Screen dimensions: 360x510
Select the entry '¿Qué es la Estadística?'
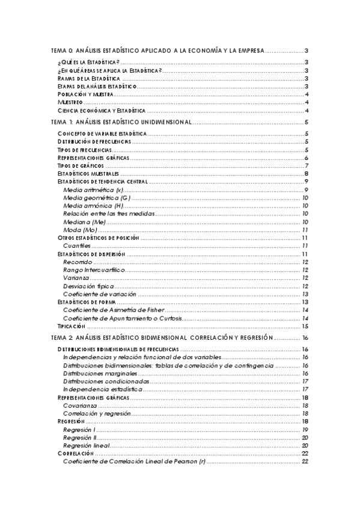tap(88, 63)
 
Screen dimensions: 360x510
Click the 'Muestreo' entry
tap(69, 103)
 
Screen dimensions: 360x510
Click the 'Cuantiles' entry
tap(77, 246)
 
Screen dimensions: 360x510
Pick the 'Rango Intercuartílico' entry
tap(93, 270)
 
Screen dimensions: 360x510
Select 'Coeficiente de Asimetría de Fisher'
tap(113, 310)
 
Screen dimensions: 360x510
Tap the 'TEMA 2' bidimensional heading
tap(162, 338)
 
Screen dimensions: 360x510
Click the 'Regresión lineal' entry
tap(87, 446)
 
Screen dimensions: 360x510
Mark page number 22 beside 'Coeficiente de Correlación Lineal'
tap(305, 461)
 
